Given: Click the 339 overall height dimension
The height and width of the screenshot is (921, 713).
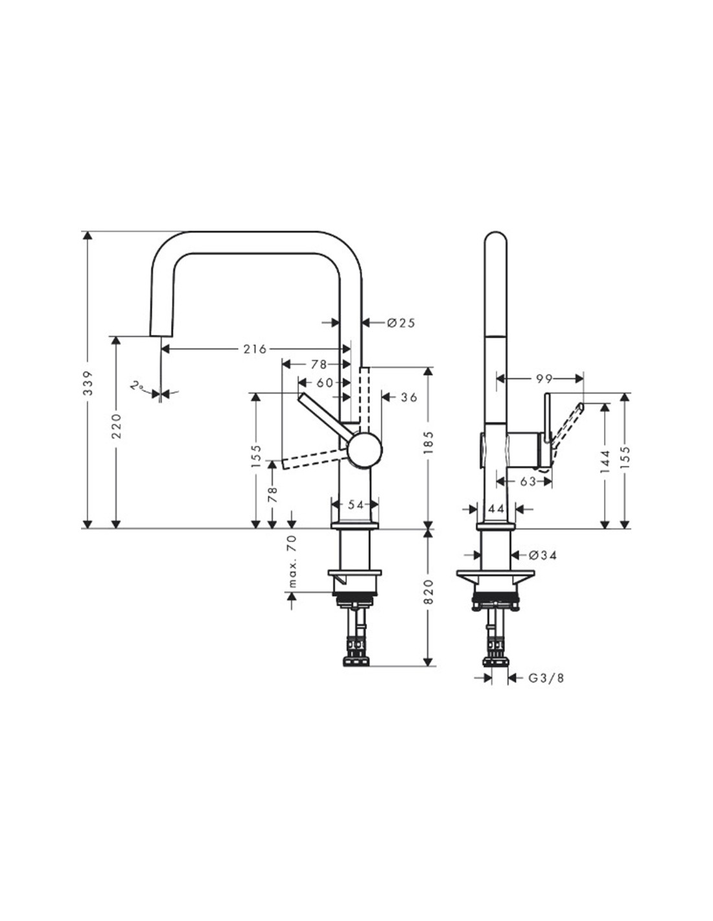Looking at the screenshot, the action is point(88,383).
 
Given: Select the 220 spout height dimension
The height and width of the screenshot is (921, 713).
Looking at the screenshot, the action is point(117,426).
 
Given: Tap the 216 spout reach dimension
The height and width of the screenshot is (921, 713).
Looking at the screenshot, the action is point(255,349).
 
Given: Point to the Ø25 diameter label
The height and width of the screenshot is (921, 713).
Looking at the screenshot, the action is point(401,323).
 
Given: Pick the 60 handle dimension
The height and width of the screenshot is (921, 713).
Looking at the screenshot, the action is point(325,383).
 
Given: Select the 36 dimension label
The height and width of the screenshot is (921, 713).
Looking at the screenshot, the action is point(409,397).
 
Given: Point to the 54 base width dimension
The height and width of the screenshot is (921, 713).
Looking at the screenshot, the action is point(356,505).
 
